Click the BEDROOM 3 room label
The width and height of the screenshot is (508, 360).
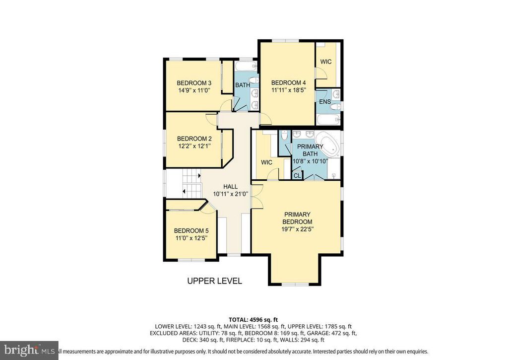click(194, 83)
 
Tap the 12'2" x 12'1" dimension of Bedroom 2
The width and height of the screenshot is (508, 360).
click(194, 146)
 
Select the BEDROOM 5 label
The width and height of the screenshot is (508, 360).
click(191, 231)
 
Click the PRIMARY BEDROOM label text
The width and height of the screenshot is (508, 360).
click(297, 218)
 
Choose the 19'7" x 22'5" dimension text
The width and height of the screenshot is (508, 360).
click(297, 229)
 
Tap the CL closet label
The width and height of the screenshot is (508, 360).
click(297, 175)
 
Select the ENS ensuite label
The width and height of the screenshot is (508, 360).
click(324, 102)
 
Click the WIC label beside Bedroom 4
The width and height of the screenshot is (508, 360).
click(325, 62)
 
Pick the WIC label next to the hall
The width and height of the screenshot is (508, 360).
click(266, 162)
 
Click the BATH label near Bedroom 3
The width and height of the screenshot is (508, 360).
click(242, 85)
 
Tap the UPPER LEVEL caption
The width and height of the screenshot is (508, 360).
click(214, 281)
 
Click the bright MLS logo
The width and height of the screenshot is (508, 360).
click(29, 351)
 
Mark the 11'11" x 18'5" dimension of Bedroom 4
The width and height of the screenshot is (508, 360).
click(288, 90)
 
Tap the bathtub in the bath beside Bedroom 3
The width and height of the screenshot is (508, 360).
click(245, 65)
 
